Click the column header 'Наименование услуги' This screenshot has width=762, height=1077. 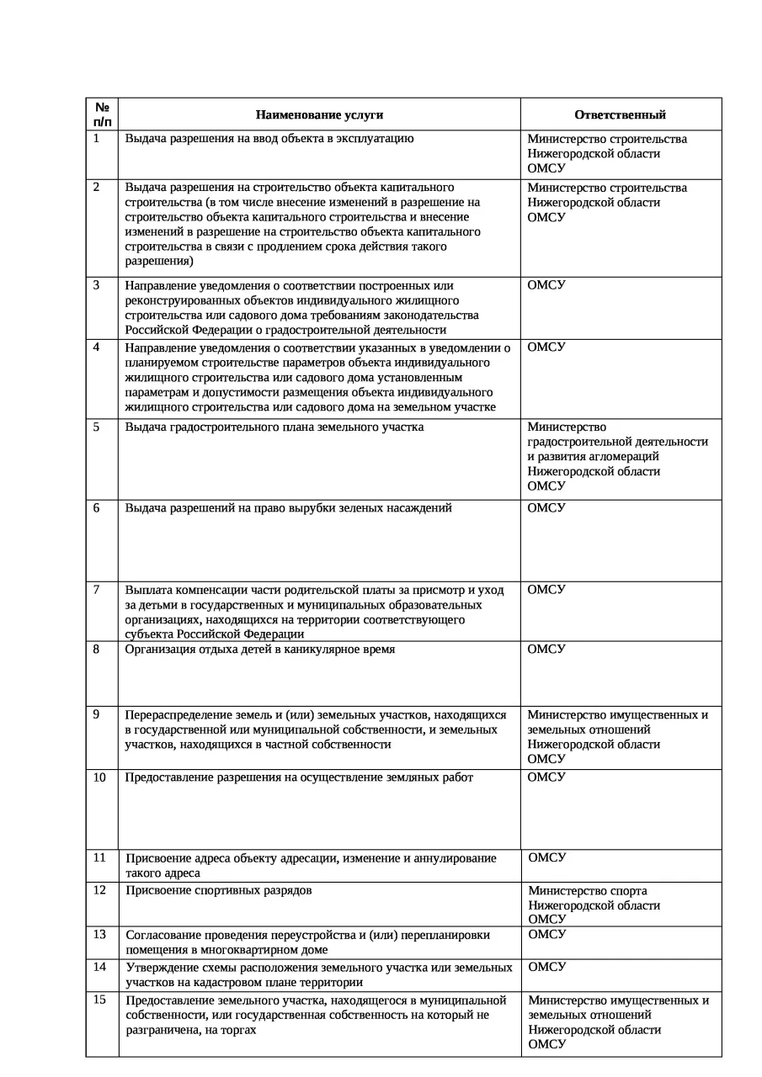319,114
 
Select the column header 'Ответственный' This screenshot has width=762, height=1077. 620,114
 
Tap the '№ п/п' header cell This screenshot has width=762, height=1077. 102,114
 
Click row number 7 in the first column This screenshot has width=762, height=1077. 97,589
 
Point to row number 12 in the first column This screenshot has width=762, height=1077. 99,890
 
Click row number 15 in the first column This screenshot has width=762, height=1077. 99,1000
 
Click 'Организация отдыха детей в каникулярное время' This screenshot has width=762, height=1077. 259,650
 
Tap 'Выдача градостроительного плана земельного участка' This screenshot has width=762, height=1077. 274,427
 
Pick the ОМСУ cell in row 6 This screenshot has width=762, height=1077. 546,507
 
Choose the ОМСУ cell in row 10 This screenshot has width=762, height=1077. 546,777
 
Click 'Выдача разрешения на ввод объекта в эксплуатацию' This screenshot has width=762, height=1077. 269,139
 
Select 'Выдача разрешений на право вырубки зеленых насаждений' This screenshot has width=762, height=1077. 288,507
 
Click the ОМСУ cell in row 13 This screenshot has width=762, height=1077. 546,934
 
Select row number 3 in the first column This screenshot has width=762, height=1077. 97,284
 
